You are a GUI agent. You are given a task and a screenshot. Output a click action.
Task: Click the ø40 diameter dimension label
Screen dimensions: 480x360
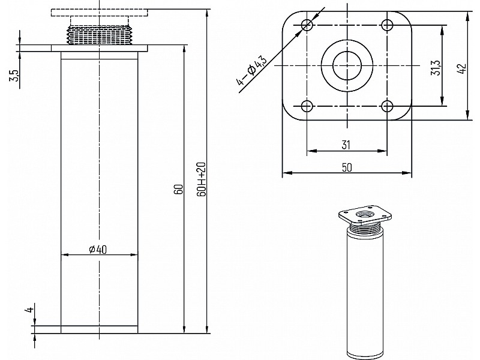(98, 250)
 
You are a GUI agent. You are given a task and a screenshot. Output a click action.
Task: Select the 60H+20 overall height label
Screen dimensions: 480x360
(202, 179)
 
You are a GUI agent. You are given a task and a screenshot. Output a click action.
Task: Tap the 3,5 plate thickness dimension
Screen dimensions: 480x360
(14, 76)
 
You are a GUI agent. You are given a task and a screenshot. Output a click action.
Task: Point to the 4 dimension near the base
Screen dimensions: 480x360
(29, 310)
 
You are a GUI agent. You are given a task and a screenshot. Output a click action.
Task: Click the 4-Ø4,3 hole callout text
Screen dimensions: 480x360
(251, 70)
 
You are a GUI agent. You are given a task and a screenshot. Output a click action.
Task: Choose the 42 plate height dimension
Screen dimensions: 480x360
(462, 68)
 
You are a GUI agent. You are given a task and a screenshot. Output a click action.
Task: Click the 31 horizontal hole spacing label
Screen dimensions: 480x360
(346, 145)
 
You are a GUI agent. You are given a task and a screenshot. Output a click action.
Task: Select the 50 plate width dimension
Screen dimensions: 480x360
(347, 167)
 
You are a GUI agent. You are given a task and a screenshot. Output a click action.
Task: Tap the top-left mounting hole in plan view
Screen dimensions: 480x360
(307, 25)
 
